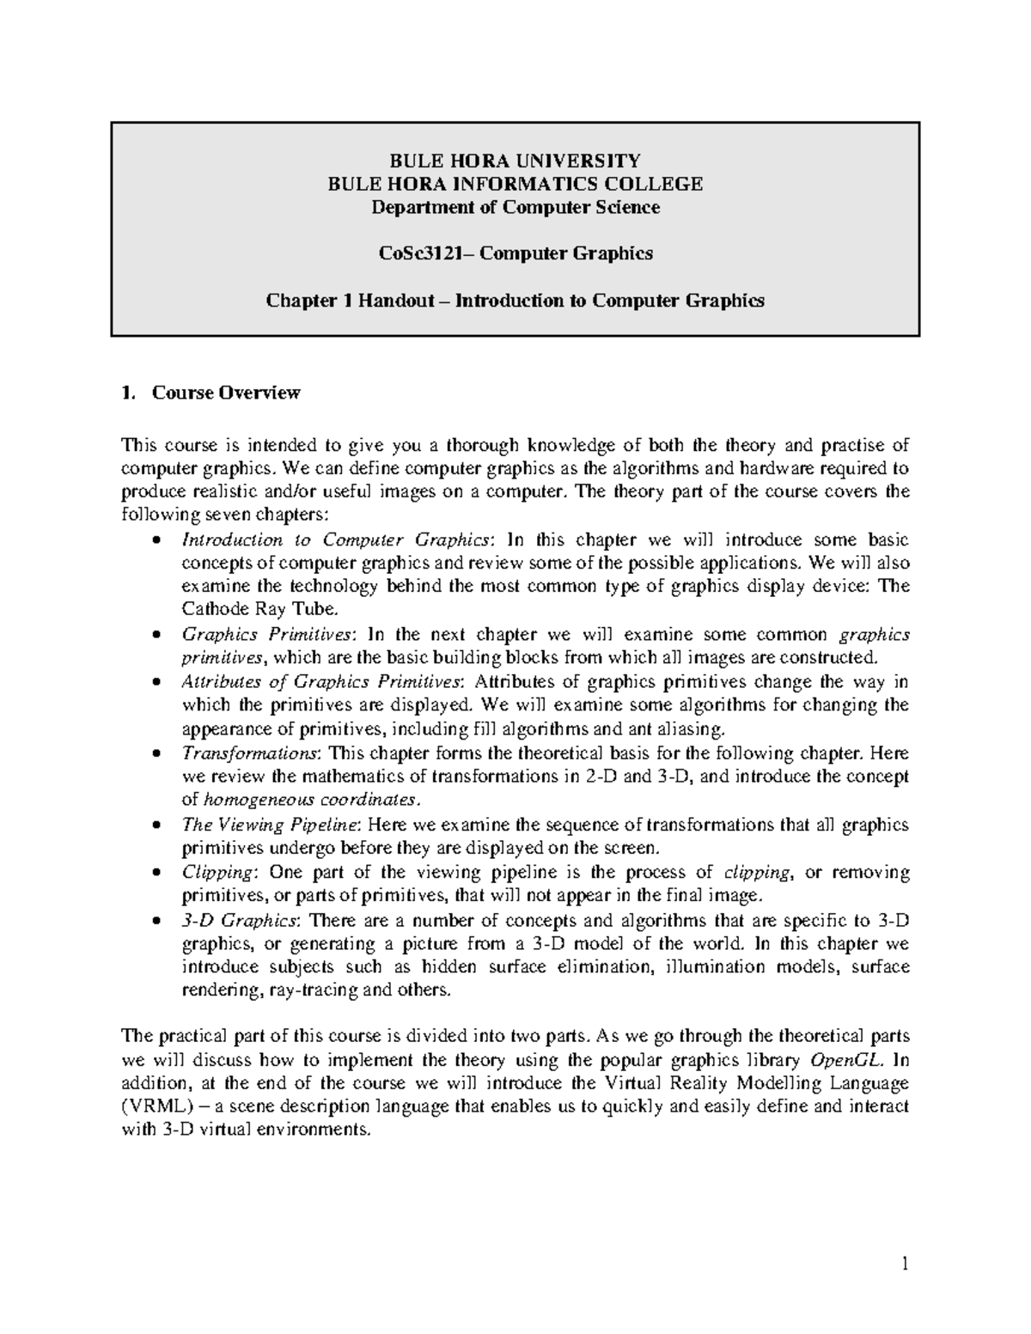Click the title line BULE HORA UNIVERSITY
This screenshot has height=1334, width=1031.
coord(515,161)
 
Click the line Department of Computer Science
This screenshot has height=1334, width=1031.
coord(515,207)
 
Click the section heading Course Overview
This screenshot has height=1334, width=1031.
coord(226,393)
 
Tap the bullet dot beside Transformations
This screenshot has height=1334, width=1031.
coord(155,754)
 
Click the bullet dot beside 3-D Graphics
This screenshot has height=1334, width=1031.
coord(155,921)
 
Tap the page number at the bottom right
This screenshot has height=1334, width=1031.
coord(904,1264)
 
